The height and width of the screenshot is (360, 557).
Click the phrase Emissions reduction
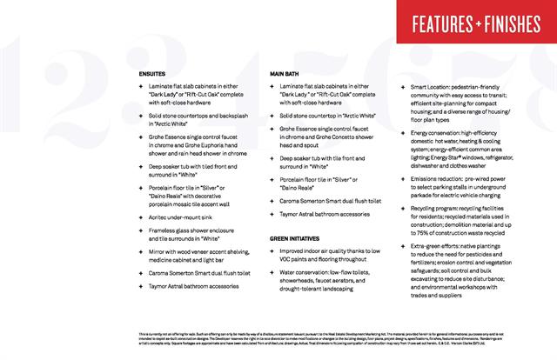[x=443, y=178]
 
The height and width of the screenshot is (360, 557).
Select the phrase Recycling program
[x=440, y=210]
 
